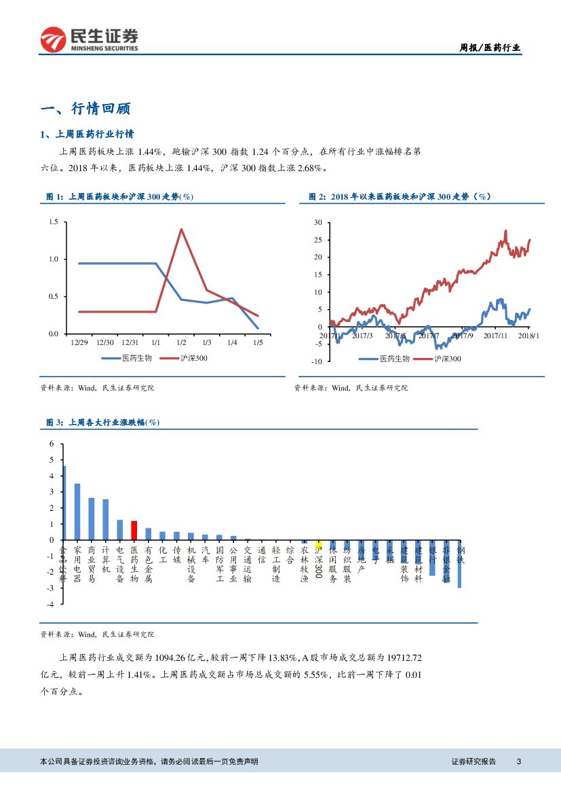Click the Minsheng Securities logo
tap(89, 39)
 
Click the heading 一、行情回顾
tap(85, 109)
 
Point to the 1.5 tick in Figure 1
tap(54, 222)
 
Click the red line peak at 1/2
tap(181, 229)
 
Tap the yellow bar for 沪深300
tap(319, 543)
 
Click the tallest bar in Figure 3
tap(64, 503)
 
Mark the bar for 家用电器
tap(77, 511)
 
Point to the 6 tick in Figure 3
tap(50, 444)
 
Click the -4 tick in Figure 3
tap(50, 604)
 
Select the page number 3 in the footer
tap(518, 761)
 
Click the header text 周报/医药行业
tap(490, 48)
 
